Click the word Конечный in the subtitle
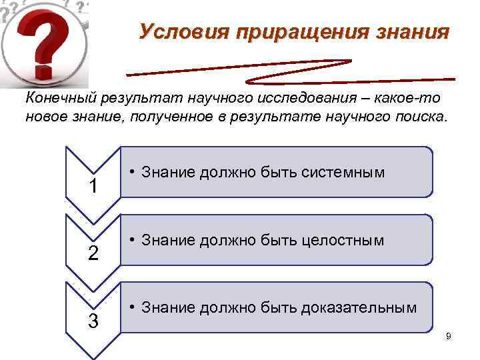pos(59,99)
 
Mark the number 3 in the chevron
pos(93,321)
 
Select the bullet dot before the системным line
pos(133,172)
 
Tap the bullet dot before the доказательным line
pos(133,307)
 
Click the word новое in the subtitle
pos(45,117)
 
